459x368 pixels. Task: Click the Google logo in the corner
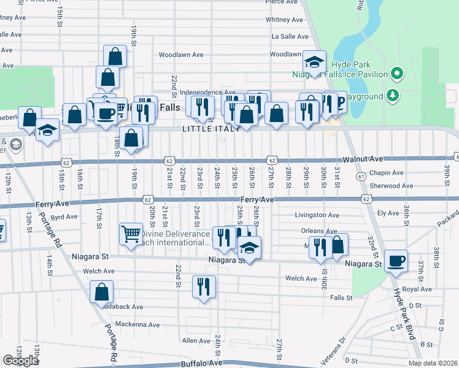click(x=20, y=361)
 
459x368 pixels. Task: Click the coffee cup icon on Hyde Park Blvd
click(x=396, y=261)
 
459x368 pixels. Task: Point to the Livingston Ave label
click(x=317, y=215)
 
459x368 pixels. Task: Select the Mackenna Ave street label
click(x=137, y=324)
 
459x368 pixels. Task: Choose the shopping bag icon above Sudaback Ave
click(x=101, y=293)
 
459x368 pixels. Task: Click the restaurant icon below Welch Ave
click(x=204, y=286)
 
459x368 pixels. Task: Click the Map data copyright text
click(x=433, y=363)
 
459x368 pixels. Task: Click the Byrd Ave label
click(x=64, y=217)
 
